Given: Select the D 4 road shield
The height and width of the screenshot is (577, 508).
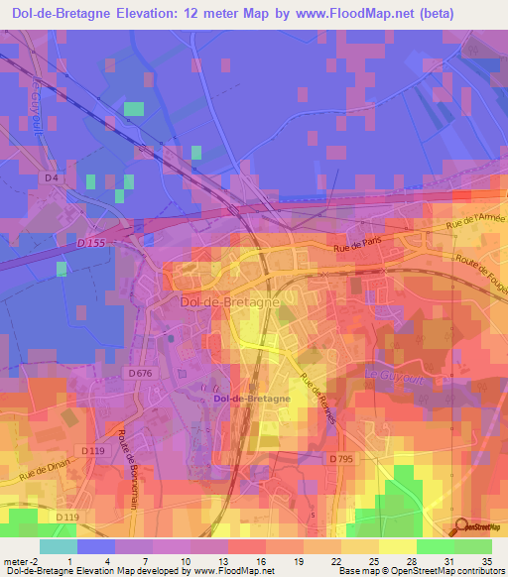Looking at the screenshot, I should coord(52,177).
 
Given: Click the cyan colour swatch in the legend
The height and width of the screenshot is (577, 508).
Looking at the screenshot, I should coord(59,546).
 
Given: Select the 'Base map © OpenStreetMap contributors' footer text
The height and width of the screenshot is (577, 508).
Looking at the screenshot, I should coord(425,571).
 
